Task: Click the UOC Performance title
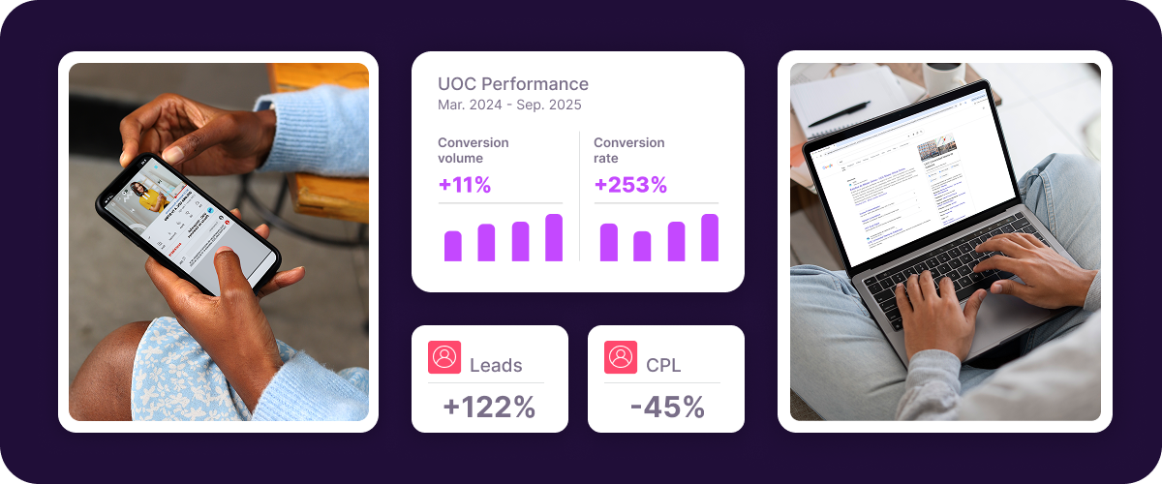tap(513, 84)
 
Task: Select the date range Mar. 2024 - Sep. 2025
tap(509, 105)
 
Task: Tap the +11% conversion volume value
tap(464, 185)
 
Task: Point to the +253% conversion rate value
tap(630, 185)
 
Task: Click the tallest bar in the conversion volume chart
tap(554, 238)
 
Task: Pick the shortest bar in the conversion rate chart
tap(642, 246)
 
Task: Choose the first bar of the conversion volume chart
tap(453, 246)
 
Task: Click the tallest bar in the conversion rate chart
tap(710, 238)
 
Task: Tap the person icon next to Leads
tap(444, 357)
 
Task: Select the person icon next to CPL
tap(621, 357)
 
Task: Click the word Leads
tap(496, 366)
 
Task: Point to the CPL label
tap(663, 366)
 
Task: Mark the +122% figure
tap(489, 408)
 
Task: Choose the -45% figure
tap(666, 408)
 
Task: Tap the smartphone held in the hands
tap(189, 223)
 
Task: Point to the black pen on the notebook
tap(839, 114)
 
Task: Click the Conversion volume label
tap(474, 150)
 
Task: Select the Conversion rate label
tap(629, 150)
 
